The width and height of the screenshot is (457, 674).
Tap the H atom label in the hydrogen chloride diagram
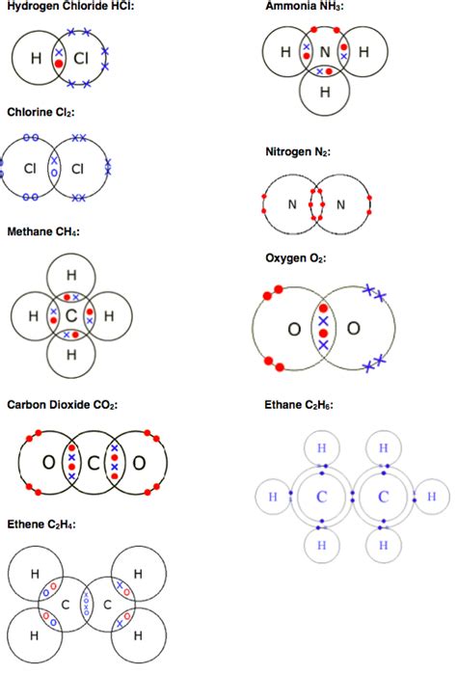pyautogui.click(x=36, y=60)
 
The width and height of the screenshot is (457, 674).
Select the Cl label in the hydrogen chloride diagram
pyautogui.click(x=80, y=60)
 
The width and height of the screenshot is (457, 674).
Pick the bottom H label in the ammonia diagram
pyautogui.click(x=325, y=93)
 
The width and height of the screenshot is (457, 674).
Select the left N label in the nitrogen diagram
pyautogui.click(x=291, y=203)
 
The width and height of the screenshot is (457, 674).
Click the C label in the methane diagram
pyautogui.click(x=69, y=315)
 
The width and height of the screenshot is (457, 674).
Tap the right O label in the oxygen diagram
pyautogui.click(x=354, y=329)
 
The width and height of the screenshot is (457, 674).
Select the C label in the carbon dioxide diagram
pyautogui.click(x=93, y=464)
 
